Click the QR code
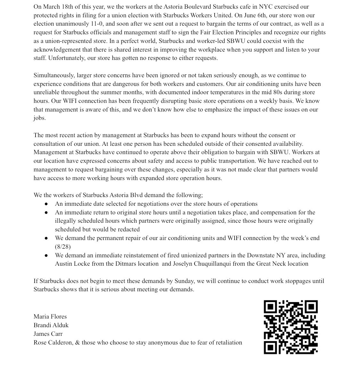pyautogui.click(x=290, y=327)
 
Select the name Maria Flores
pyautogui.click(x=50, y=317)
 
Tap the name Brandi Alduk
pyautogui.click(x=51, y=325)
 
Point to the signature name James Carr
pyautogui.click(x=48, y=334)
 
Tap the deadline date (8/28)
pyautogui.click(x=63, y=247)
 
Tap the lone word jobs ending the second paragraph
pyautogui.click(x=39, y=118)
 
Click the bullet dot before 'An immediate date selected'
pyautogui.click(x=46, y=204)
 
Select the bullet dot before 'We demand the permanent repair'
pyautogui.click(x=46, y=238)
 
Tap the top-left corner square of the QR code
pyautogui.click(x=270, y=307)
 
